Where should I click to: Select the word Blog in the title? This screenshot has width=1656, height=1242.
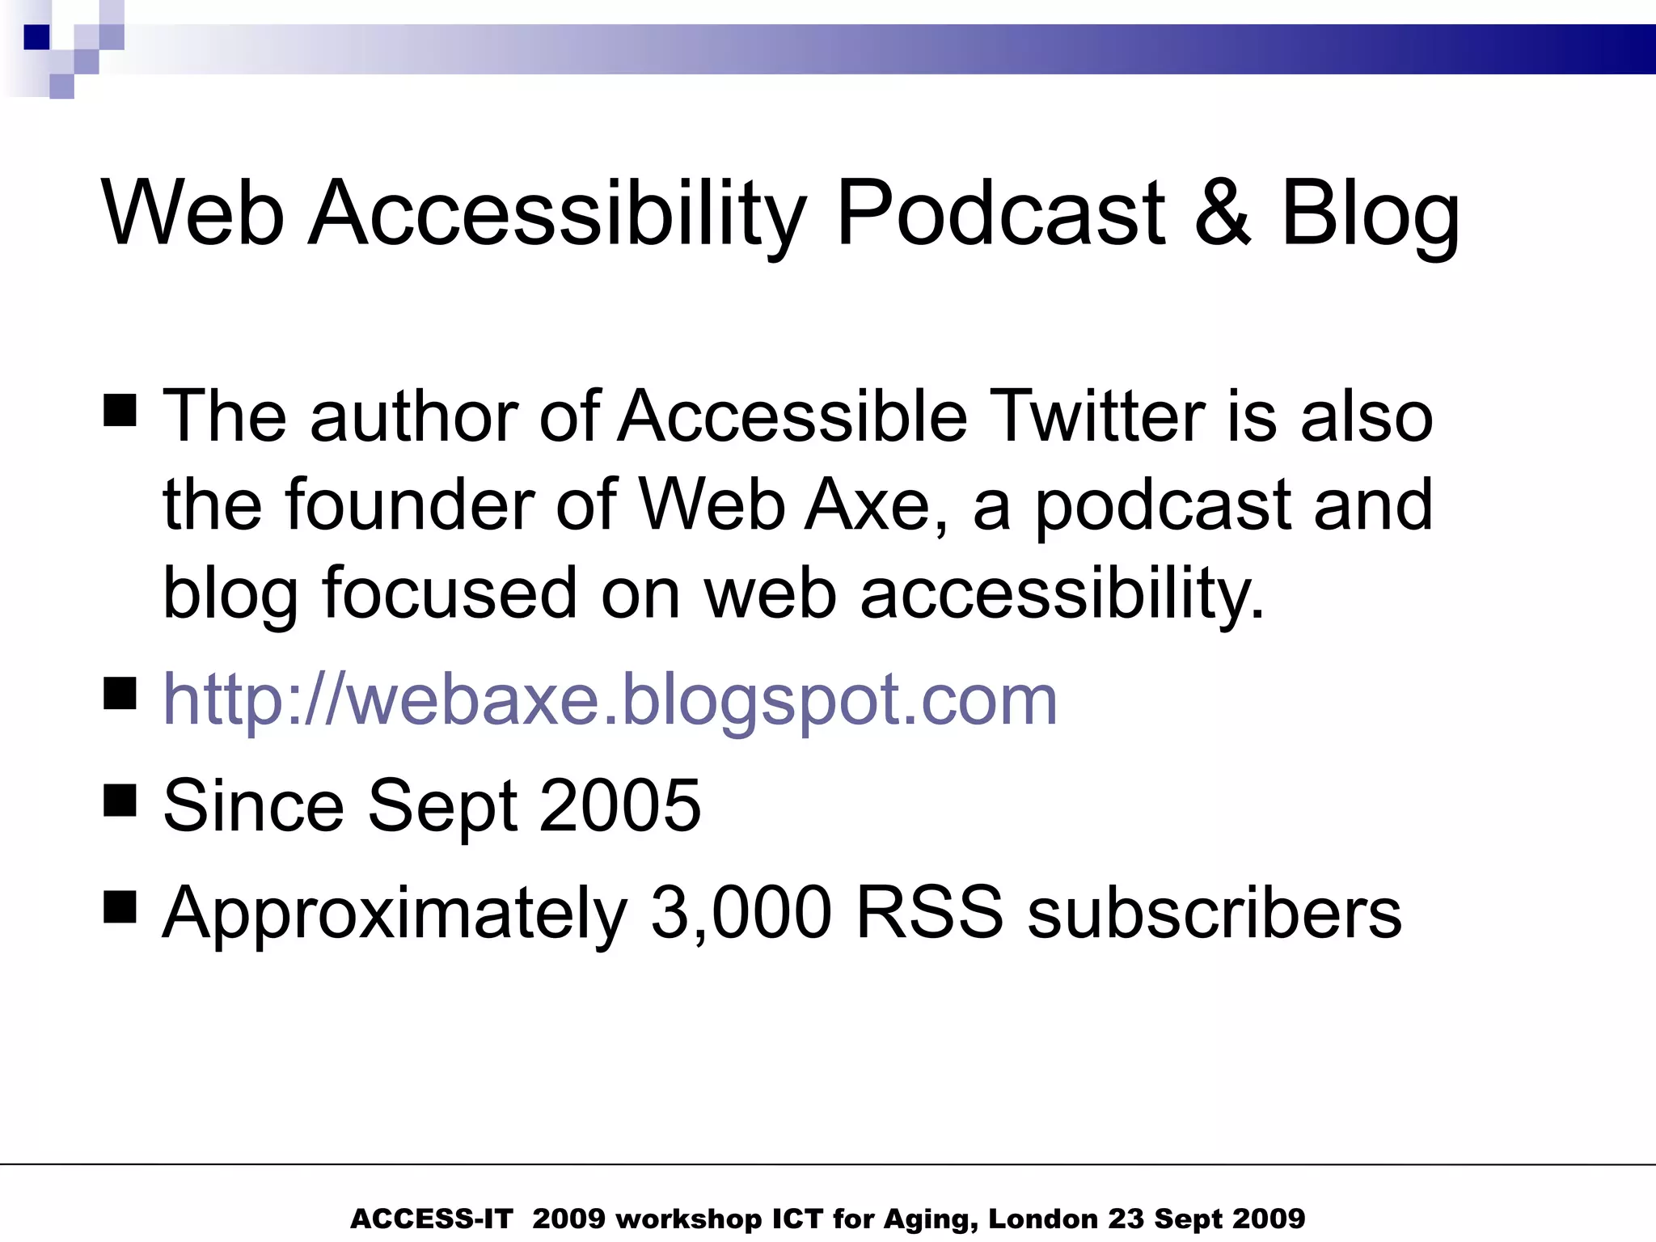(x=1370, y=214)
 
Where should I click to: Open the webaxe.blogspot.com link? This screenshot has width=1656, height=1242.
(x=610, y=699)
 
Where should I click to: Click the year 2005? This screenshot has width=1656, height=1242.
(x=620, y=805)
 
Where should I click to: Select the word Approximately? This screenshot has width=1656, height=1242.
(x=395, y=914)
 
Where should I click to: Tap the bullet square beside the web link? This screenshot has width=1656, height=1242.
(x=120, y=693)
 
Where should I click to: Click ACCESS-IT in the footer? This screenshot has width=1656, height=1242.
(x=431, y=1219)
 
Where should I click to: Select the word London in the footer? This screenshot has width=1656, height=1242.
(x=1043, y=1219)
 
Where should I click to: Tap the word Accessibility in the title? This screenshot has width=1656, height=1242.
(x=559, y=214)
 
